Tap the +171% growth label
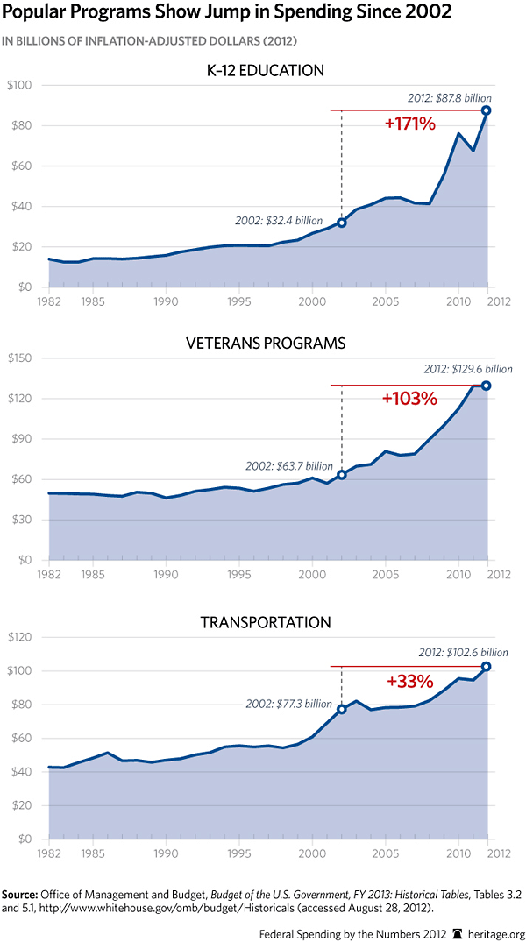pyautogui.click(x=409, y=124)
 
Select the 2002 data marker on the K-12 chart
pyautogui.click(x=342, y=223)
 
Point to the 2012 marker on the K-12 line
pyautogui.click(x=486, y=110)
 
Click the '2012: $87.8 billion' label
pyautogui.click(x=450, y=98)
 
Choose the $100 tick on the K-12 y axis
pyautogui.click(x=20, y=86)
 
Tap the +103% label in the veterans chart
pyautogui.click(x=409, y=399)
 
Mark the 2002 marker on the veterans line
pyautogui.click(x=342, y=475)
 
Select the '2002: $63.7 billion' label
pyautogui.click(x=289, y=465)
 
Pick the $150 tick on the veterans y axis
pyautogui.click(x=20, y=358)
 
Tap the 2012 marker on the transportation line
pyautogui.click(x=486, y=667)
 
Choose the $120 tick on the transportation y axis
pyautogui.click(x=20, y=637)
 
